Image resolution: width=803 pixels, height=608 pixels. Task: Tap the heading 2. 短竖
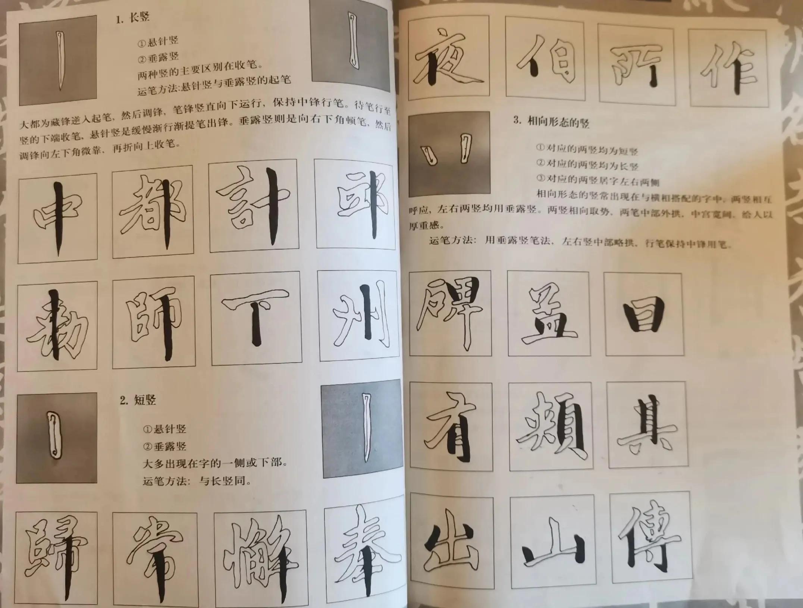click(x=138, y=400)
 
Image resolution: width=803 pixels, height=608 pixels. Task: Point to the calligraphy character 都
click(x=153, y=212)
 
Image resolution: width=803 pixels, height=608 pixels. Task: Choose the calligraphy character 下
click(x=256, y=318)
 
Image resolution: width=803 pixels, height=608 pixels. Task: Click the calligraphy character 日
click(x=644, y=314)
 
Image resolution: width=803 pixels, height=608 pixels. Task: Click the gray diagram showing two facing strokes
click(x=449, y=154)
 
